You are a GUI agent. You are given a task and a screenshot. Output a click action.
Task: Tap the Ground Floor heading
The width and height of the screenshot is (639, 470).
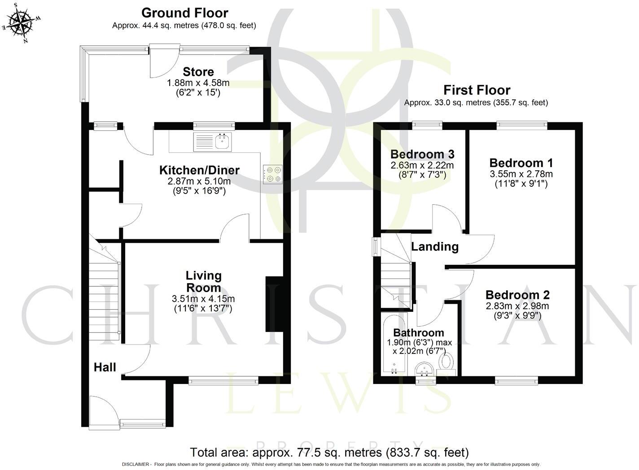click(184, 13)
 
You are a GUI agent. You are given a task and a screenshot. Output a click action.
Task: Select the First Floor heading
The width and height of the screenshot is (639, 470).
click(477, 90)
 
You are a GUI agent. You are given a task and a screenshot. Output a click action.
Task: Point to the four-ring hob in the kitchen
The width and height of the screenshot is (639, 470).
click(273, 174)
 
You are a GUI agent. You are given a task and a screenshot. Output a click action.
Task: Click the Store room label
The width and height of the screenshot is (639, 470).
click(198, 72)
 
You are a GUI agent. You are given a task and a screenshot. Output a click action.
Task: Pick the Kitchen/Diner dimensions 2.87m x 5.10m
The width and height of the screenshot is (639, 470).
click(199, 181)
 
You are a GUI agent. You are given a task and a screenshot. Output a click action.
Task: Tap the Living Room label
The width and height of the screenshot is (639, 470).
click(204, 281)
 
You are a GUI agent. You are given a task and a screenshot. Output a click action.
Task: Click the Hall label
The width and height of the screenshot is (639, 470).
click(105, 367)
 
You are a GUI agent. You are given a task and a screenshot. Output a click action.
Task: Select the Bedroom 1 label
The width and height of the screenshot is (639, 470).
click(521, 163)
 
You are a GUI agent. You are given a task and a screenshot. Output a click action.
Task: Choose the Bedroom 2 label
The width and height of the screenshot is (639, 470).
click(517, 295)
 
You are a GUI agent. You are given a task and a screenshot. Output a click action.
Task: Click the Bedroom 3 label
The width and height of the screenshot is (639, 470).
click(422, 154)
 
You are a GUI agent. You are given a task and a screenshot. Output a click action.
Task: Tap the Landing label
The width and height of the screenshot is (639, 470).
click(435, 246)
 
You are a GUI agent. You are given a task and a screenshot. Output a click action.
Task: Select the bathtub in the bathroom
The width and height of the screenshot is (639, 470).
click(394, 345)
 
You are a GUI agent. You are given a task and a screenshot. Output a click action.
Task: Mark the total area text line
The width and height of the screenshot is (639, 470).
click(329, 452)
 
